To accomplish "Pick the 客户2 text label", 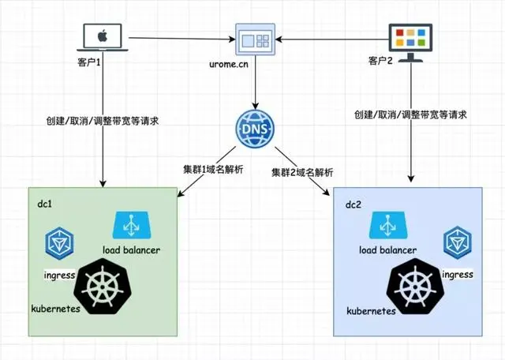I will point(382,62).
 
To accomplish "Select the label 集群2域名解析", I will point(302,171).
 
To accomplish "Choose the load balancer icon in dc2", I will point(387,225).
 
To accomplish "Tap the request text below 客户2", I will point(410,114).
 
